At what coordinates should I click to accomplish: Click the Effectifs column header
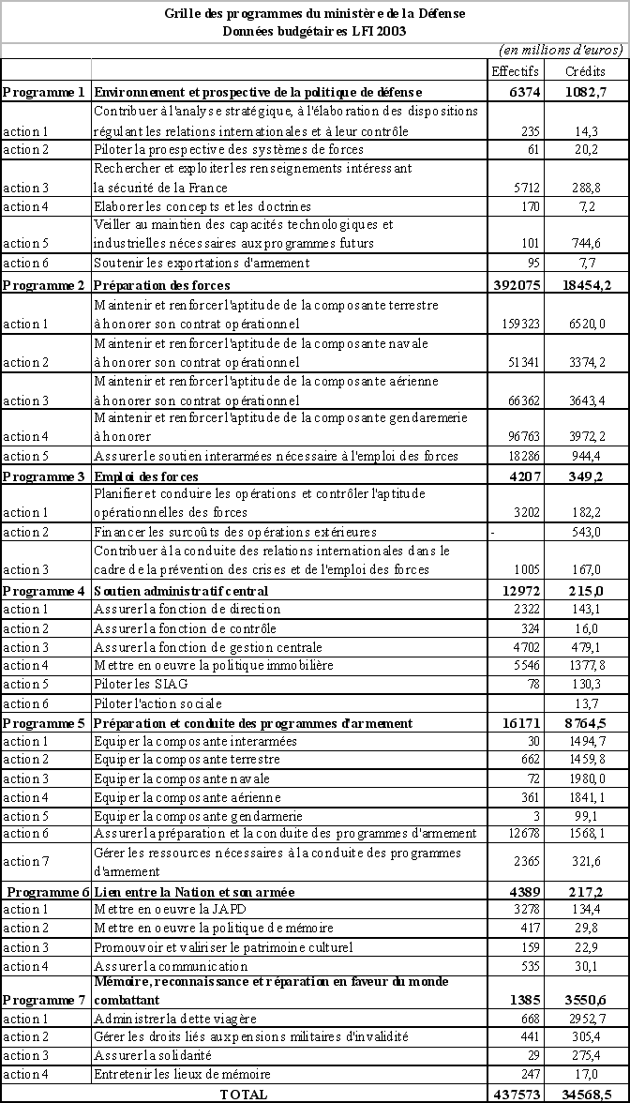point(515,71)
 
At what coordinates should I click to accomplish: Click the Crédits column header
point(585,71)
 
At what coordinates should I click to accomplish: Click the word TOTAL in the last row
point(243,1094)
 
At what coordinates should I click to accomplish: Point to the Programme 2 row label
point(44,284)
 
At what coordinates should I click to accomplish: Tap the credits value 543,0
point(590,532)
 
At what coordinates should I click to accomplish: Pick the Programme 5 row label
point(44,723)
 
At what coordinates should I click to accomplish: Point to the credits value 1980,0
point(590,778)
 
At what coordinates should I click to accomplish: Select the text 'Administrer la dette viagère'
point(175,1019)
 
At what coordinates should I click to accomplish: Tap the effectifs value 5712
point(520,188)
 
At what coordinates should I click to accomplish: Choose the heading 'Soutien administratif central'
point(181,591)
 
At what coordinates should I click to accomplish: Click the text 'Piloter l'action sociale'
point(157,703)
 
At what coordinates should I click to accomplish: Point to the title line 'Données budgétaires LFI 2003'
point(315,30)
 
